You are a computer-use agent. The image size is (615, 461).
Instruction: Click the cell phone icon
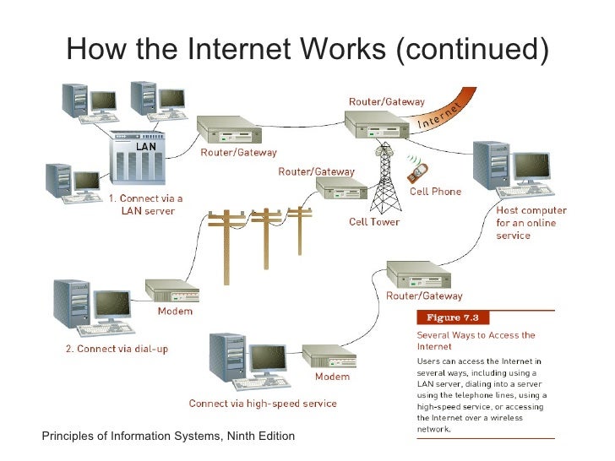416,171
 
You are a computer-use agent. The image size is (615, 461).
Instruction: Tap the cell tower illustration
384,178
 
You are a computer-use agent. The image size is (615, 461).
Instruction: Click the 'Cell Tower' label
374,222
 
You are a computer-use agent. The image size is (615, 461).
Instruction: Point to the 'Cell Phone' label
435,192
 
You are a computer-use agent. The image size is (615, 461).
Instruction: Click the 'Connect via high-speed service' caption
263,404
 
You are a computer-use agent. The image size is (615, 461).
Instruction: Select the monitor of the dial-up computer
112,306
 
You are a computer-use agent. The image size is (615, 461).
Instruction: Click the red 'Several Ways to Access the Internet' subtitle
476,340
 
